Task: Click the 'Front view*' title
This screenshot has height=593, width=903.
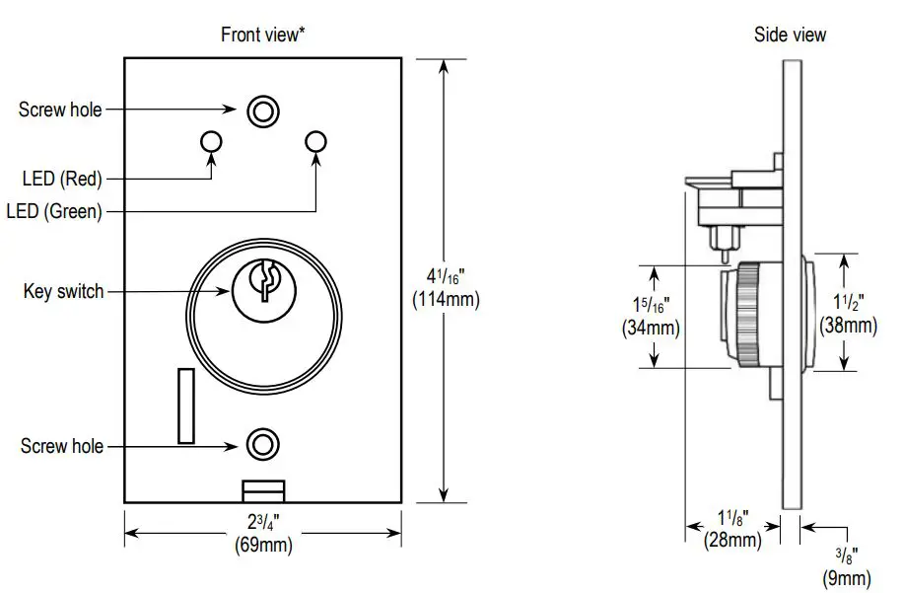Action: coord(261,35)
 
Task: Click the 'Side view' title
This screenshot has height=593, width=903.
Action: coord(790,35)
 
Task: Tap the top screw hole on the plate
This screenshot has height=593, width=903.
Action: coord(261,111)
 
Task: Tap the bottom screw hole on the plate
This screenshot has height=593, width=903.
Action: coord(261,444)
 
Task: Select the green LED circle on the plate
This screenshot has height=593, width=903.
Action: coord(315,142)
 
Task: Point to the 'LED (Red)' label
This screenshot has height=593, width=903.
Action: coord(62,179)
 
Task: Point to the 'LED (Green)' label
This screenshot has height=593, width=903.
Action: coord(54,211)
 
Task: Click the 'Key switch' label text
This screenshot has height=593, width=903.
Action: coord(63,292)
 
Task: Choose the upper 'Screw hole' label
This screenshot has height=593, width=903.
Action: coord(60,110)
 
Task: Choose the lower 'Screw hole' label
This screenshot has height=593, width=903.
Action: coord(61,447)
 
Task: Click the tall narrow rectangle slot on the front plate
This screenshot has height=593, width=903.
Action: coord(185,406)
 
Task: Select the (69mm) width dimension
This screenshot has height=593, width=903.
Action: coord(262,544)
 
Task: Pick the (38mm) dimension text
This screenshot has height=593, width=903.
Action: coord(848,325)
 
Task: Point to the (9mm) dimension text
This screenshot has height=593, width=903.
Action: coord(847,578)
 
